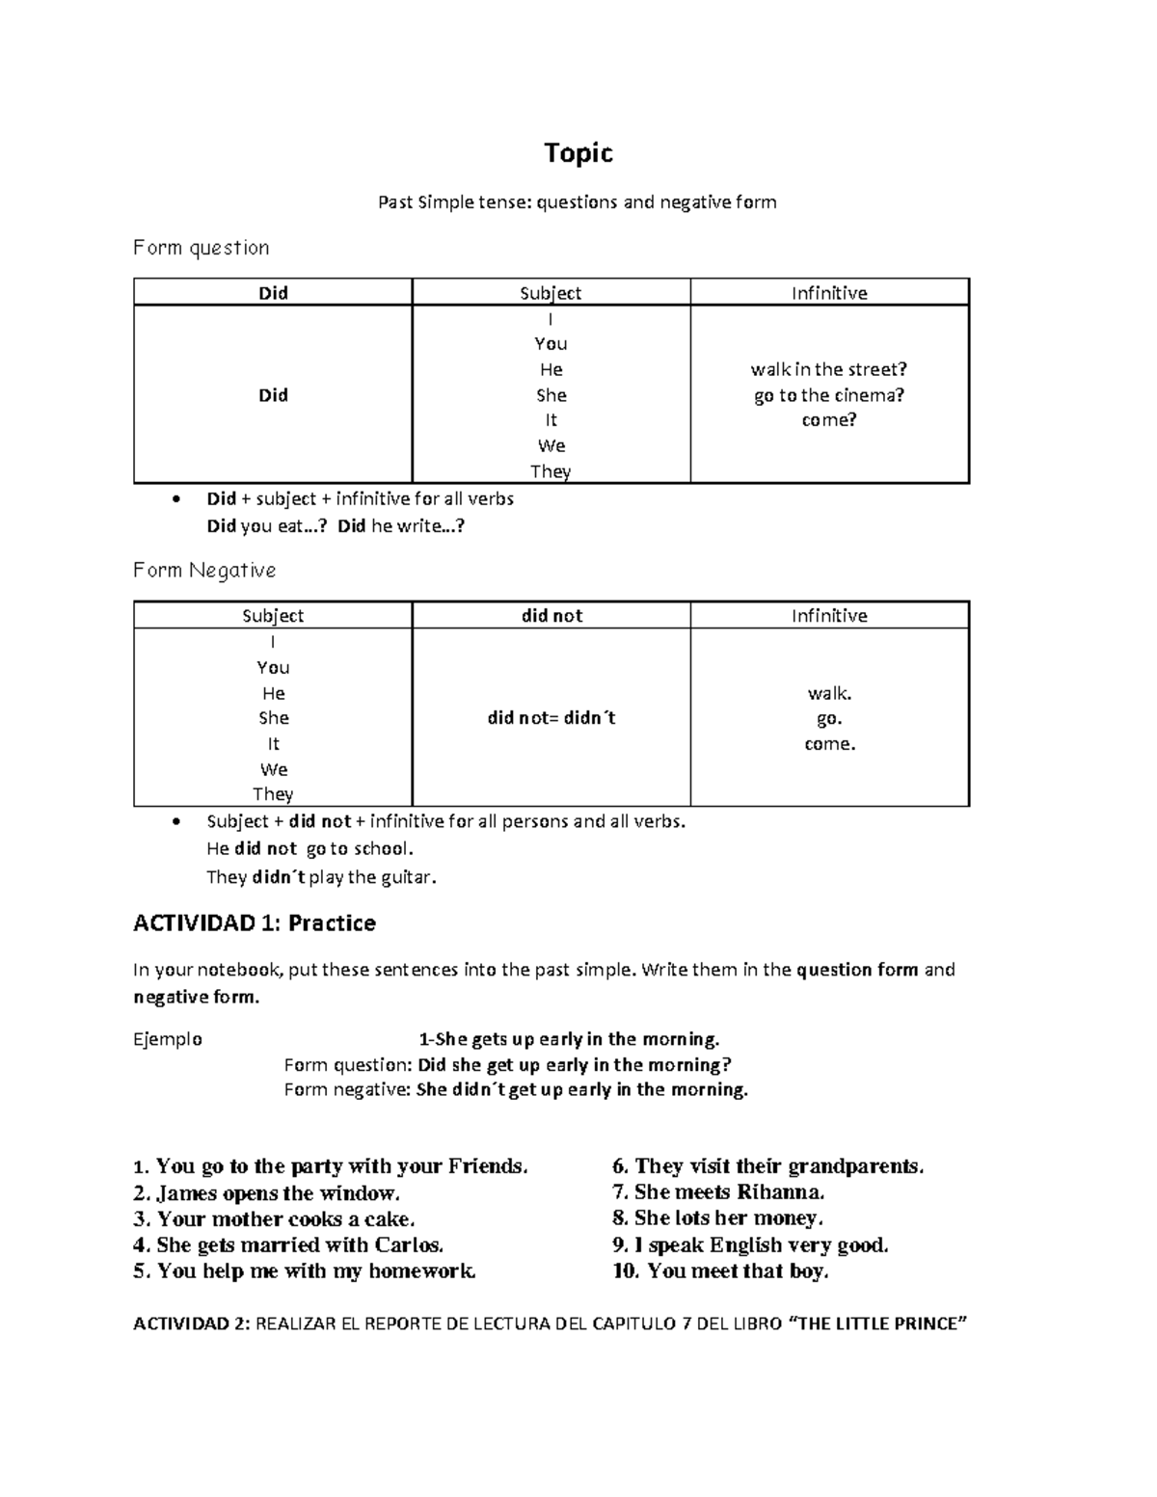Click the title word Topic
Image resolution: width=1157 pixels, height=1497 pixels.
point(578,153)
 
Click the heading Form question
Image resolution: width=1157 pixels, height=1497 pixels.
point(201,248)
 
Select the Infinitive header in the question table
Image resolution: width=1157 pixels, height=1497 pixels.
point(829,293)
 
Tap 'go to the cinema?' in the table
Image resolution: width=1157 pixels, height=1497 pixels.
point(829,395)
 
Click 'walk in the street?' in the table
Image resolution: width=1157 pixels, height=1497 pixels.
point(829,369)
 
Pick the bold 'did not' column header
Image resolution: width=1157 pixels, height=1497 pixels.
point(552,616)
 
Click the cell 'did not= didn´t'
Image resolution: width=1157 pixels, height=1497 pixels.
point(552,718)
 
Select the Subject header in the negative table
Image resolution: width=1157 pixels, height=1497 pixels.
point(273,616)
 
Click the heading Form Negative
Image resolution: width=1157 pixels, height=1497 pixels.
point(204,571)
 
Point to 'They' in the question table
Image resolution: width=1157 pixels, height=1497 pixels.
point(551,471)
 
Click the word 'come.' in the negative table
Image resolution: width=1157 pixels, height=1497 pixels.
point(829,744)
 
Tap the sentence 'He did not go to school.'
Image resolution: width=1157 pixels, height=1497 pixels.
point(309,849)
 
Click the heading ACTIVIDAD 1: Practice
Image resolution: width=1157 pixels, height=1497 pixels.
point(254,923)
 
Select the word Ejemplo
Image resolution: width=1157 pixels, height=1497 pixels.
point(168,1039)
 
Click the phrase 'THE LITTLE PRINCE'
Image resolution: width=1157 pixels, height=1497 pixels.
point(878,1323)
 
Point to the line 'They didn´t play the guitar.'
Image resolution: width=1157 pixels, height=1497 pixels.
point(321,877)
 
